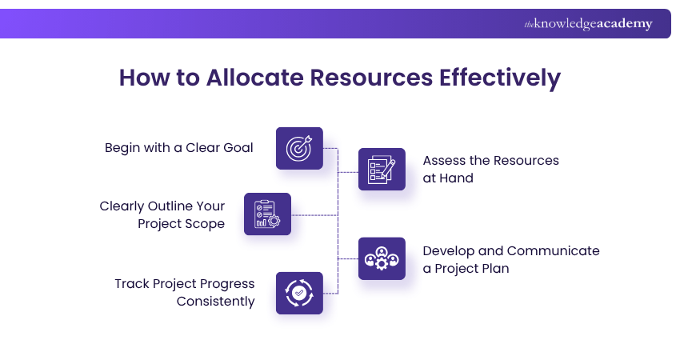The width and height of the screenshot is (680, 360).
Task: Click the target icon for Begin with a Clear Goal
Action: pos(299,148)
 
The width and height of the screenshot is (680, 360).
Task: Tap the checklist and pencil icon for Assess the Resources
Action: pos(382,169)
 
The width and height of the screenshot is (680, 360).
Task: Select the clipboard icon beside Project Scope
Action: pos(267,214)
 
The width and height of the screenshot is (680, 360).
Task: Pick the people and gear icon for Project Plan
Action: pos(382,258)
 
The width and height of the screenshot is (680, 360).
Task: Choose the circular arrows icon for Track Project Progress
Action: pos(299,294)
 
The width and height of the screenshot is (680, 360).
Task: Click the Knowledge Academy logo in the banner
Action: pos(588,24)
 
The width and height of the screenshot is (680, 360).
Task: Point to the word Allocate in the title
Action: pos(254,78)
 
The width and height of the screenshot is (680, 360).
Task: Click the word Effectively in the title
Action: pos(500,78)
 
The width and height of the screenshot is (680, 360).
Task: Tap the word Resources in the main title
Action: pos(371,78)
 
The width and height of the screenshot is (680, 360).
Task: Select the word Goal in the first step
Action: pos(238,148)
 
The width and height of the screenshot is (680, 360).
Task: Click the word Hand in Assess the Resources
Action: pos(455,178)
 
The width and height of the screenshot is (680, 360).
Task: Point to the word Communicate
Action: pos(553,250)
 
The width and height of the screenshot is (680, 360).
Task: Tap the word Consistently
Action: pos(215,301)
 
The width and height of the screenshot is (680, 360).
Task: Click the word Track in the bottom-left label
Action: pos(131,284)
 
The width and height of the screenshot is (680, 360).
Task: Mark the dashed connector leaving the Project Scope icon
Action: pos(314,215)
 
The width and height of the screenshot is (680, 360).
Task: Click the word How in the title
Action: pos(144,78)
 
